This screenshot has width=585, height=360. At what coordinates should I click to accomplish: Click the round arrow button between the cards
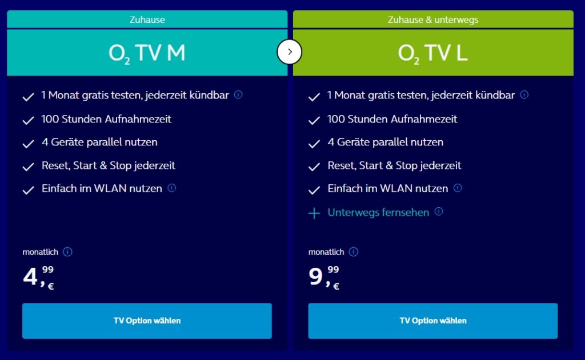point(290,52)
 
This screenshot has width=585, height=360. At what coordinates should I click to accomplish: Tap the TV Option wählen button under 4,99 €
point(147,321)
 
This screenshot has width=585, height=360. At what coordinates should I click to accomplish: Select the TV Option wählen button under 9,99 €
point(432,321)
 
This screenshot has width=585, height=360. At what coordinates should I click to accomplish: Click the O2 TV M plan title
point(147,53)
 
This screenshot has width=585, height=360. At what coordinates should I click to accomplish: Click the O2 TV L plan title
point(432,53)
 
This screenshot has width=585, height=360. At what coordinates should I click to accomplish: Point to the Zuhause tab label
point(147,19)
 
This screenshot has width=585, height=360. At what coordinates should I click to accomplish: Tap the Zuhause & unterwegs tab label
point(432,19)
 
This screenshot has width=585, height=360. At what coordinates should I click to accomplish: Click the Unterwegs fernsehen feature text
point(378,212)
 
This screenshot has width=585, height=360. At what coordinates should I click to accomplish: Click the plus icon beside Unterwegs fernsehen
point(314,213)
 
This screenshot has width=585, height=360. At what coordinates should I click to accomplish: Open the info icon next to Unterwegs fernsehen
point(438,211)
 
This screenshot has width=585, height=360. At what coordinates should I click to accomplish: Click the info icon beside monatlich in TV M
point(67,252)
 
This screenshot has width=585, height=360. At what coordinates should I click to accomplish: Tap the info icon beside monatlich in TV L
point(354,252)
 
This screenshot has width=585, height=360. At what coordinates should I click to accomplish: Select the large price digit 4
point(30,276)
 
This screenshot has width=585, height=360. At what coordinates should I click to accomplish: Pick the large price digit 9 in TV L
point(315,276)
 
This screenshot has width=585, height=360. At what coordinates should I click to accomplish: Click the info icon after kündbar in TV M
point(238,94)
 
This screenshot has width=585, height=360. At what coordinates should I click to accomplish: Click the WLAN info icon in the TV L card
point(458,188)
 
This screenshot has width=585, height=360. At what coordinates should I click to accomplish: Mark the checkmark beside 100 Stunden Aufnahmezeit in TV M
point(28,121)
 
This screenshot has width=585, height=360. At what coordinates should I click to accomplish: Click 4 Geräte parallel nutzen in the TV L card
point(385,142)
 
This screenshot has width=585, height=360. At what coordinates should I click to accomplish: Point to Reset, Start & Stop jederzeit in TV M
point(109,165)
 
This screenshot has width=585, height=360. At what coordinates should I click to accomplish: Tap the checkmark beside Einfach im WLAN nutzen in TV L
point(314,190)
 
